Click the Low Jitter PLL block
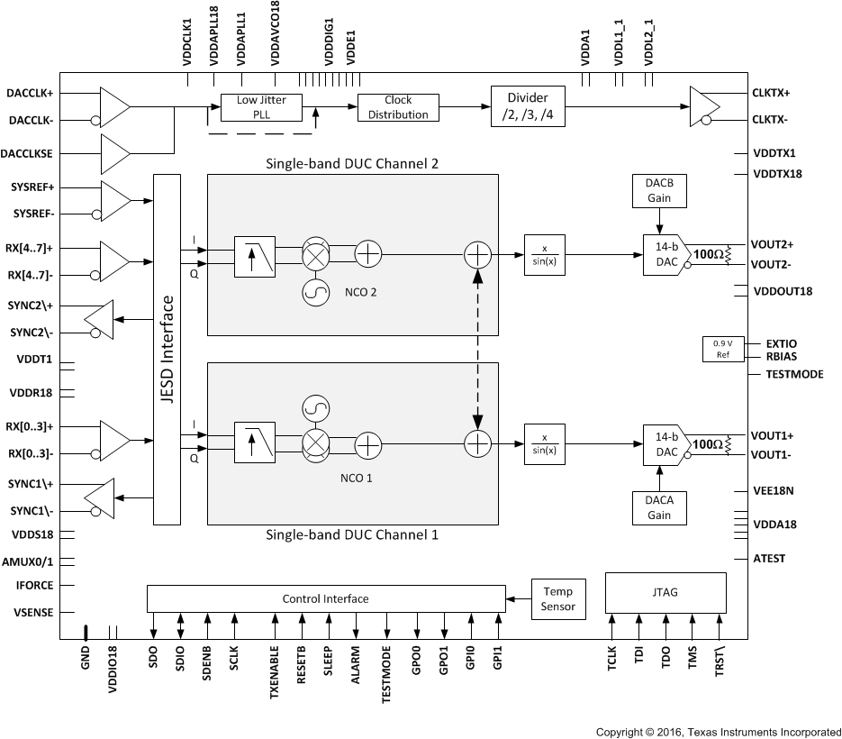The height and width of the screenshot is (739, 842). click(259, 107)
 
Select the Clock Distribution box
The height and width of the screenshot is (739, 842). click(397, 107)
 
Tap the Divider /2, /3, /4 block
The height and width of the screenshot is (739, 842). click(529, 107)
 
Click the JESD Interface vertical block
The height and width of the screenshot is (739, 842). click(167, 350)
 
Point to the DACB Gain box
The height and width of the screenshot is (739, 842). click(659, 190)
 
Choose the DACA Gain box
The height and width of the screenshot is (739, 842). click(659, 507)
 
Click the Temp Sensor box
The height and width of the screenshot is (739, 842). click(558, 599)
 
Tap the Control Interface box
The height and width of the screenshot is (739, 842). click(325, 598)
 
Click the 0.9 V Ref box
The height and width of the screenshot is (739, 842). click(723, 350)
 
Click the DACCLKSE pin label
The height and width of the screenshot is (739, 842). click(30, 154)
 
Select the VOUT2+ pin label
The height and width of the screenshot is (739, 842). click(773, 244)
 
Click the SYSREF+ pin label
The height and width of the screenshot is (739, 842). click(32, 187)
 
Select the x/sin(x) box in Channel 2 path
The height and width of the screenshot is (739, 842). click(544, 255)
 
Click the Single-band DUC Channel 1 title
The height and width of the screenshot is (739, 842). click(352, 534)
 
